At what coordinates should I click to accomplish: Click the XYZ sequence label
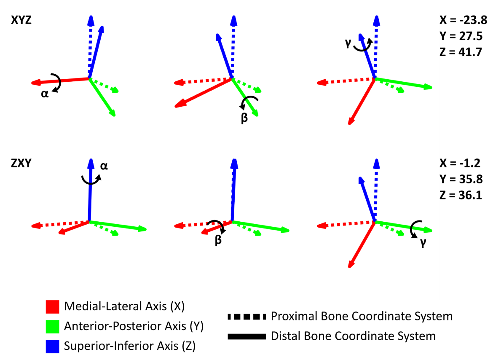click(21, 20)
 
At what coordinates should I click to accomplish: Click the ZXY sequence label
click(21, 164)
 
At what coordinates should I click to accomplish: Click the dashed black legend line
click(246, 316)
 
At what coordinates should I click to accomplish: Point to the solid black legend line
click(246, 336)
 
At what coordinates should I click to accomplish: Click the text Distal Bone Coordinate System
click(353, 336)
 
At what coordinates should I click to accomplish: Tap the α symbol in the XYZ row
click(44, 94)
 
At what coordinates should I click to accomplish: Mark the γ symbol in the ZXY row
click(421, 244)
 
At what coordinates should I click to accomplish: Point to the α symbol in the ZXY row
click(104, 166)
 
